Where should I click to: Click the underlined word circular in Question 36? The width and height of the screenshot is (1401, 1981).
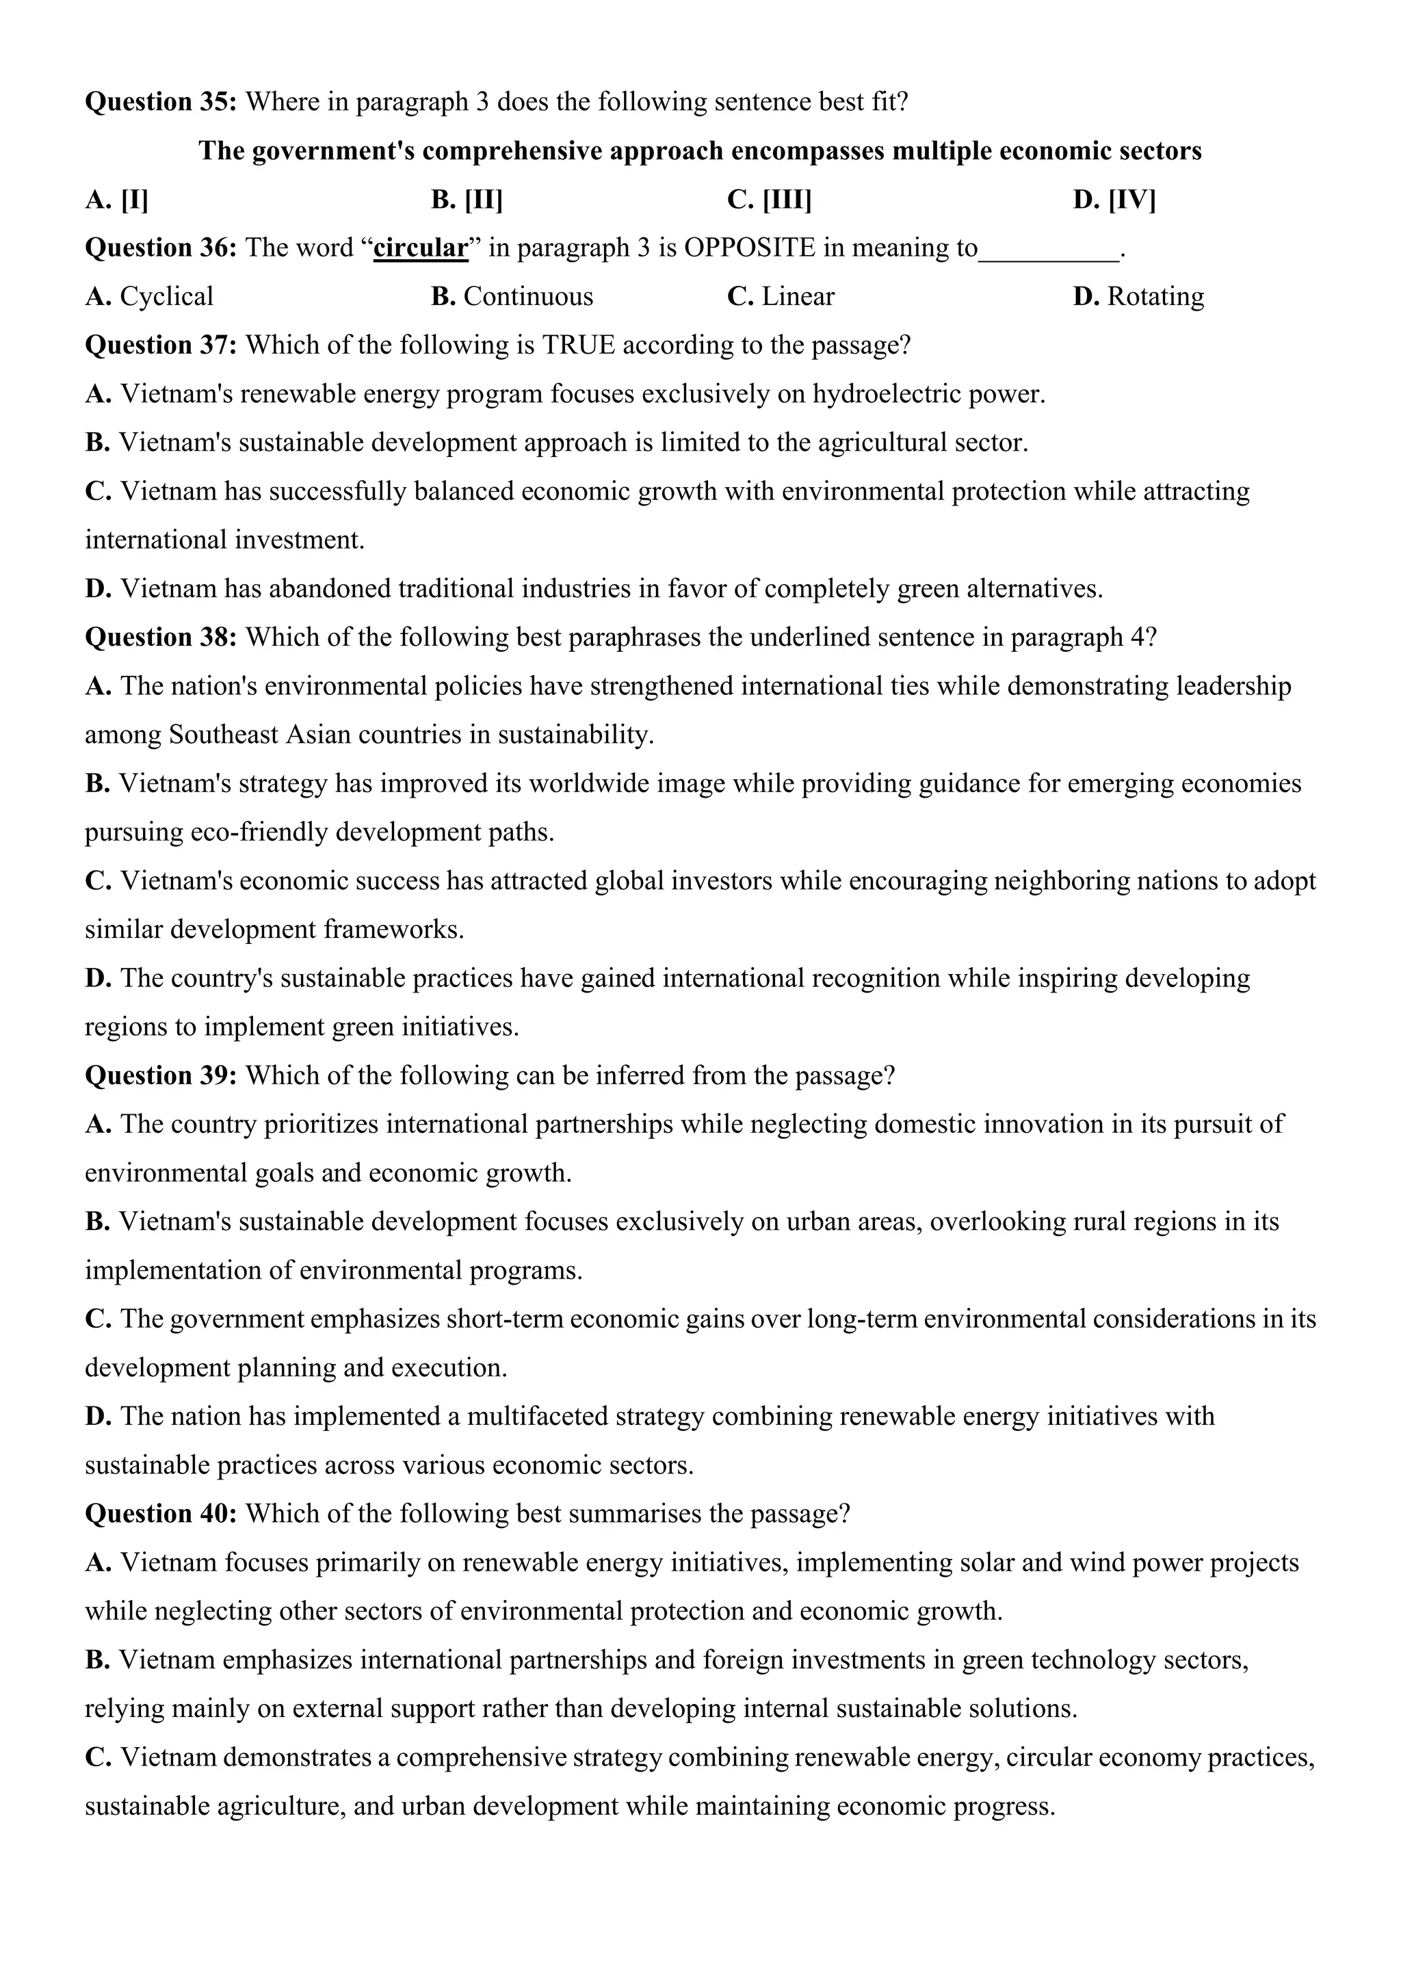421,248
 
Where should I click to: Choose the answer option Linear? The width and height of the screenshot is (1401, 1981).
781,296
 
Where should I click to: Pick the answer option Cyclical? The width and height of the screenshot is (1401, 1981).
149,296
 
